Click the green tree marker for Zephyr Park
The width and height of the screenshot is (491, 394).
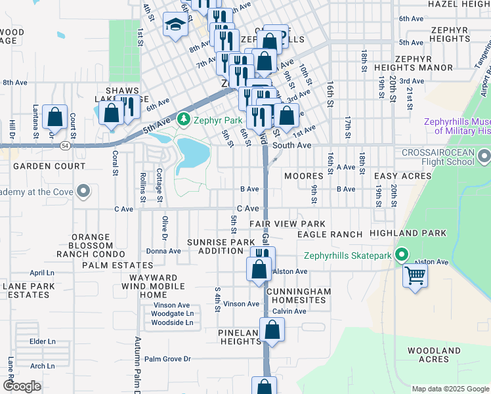(184, 120)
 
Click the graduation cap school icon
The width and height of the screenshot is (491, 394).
(175, 26)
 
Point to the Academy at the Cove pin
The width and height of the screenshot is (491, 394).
(83, 192)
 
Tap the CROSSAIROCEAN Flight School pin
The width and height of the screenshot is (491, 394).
(484, 156)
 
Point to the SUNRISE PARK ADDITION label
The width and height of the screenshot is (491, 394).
(221, 247)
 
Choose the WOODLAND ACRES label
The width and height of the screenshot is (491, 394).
(433, 355)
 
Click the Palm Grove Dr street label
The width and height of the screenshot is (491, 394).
(167, 359)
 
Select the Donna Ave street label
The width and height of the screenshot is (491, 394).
(163, 251)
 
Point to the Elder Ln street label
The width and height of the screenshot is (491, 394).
(42, 341)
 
